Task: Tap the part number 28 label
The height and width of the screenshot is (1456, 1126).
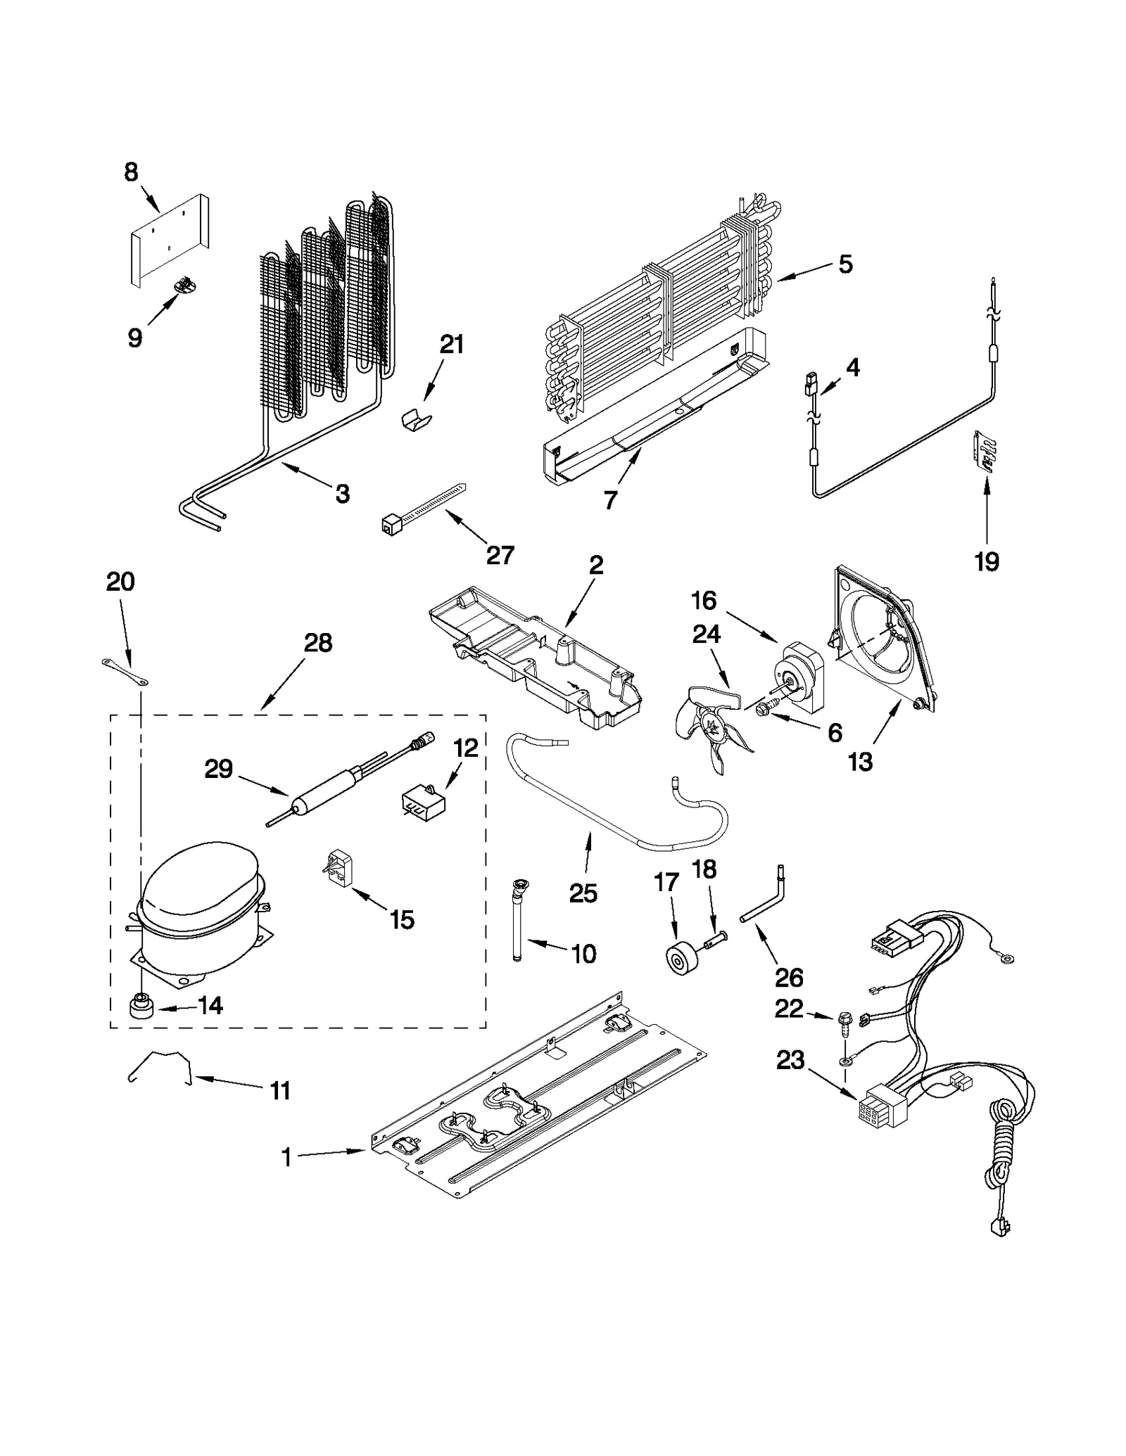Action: tap(317, 642)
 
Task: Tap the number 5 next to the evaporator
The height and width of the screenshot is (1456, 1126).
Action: tap(845, 264)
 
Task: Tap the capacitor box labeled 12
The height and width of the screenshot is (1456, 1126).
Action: tap(424, 800)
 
